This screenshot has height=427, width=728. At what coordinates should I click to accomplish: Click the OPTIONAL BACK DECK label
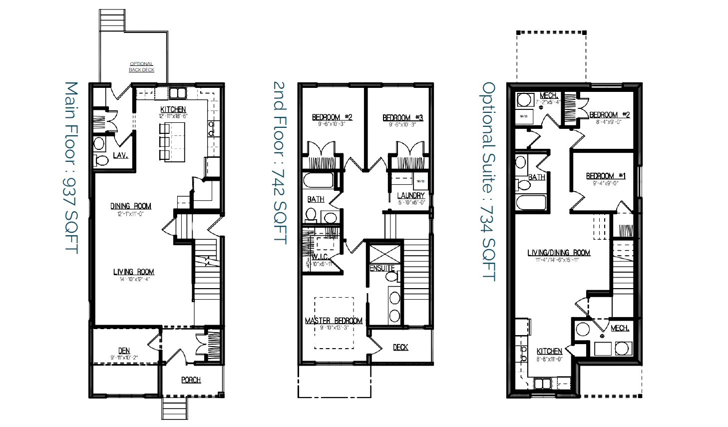pyautogui.click(x=141, y=67)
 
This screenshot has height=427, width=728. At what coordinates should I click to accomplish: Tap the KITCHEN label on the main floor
pyautogui.click(x=173, y=109)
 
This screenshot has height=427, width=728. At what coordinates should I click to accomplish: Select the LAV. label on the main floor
pyautogui.click(x=120, y=155)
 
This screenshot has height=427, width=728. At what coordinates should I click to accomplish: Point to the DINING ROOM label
pyautogui.click(x=130, y=206)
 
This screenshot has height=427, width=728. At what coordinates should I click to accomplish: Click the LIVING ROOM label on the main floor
pyautogui.click(x=133, y=272)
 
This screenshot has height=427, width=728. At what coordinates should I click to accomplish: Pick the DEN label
pyautogui.click(x=124, y=351)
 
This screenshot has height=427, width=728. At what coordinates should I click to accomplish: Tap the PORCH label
pyautogui.click(x=191, y=380)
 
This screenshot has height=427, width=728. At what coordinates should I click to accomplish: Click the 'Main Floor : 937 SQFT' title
pyautogui.click(x=71, y=168)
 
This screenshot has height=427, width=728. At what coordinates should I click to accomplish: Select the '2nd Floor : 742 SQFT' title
pyautogui.click(x=280, y=163)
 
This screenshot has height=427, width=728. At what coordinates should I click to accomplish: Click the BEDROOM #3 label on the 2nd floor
pyautogui.click(x=402, y=117)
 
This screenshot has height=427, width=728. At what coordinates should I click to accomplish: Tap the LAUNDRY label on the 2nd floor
pyautogui.click(x=411, y=195)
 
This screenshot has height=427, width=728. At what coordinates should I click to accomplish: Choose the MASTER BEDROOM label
pyautogui.click(x=334, y=320)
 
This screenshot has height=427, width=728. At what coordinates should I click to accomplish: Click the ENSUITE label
pyautogui.click(x=382, y=268)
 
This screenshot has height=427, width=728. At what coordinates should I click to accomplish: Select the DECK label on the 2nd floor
pyautogui.click(x=400, y=347)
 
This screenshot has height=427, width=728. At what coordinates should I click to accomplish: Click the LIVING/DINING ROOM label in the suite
pyautogui.click(x=559, y=253)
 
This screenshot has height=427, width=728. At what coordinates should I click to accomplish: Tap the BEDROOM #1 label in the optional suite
pyautogui.click(x=606, y=176)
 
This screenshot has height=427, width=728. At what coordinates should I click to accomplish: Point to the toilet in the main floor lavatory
pyautogui.click(x=101, y=160)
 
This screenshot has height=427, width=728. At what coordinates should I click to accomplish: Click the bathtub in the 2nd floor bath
pyautogui.click(x=318, y=180)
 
